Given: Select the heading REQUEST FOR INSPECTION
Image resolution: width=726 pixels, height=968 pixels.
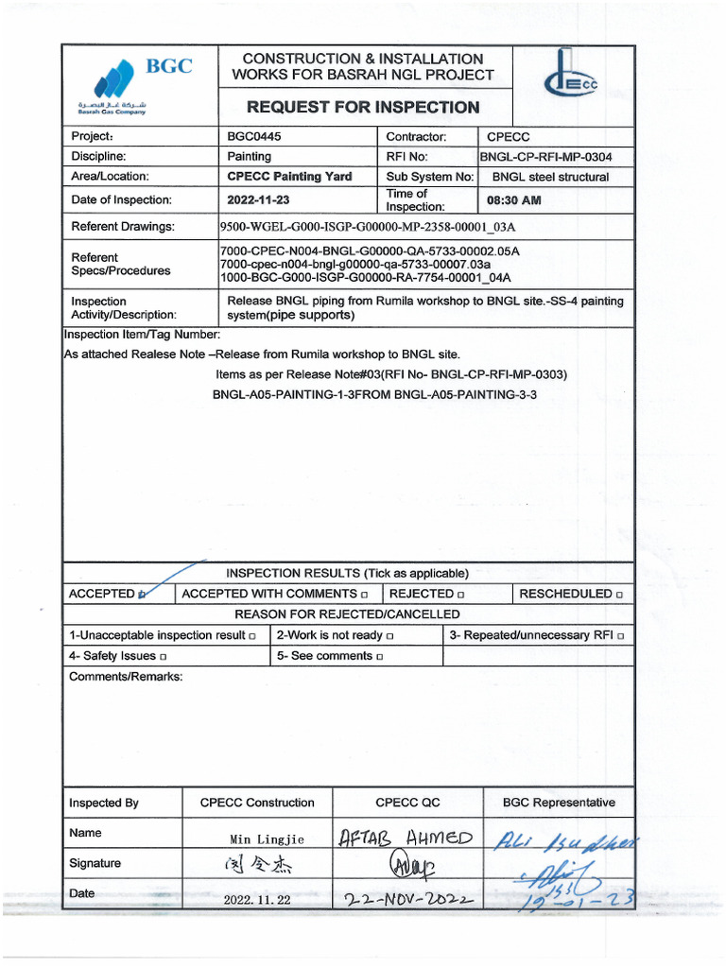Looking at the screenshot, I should (x=363, y=107).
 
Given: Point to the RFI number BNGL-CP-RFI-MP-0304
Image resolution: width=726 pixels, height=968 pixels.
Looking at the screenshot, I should (x=553, y=157).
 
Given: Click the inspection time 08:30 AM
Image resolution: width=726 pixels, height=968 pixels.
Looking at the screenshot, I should (x=513, y=200).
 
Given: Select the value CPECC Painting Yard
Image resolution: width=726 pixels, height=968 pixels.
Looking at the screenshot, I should (x=289, y=177).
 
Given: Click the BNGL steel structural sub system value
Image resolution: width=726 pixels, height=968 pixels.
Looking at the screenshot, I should (x=550, y=177).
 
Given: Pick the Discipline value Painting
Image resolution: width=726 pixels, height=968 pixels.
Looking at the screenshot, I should (x=249, y=157).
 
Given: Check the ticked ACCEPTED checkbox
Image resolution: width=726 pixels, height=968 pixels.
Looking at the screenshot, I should (x=142, y=595).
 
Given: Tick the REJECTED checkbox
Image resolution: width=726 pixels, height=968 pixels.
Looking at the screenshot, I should (x=460, y=595).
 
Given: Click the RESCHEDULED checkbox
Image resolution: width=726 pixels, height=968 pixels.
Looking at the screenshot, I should (x=619, y=595).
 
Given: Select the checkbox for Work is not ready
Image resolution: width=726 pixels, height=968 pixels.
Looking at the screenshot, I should (x=389, y=636).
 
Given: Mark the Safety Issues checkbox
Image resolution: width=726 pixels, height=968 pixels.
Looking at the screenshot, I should (x=164, y=656).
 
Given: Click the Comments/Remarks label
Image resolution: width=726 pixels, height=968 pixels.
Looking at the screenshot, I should (x=126, y=676).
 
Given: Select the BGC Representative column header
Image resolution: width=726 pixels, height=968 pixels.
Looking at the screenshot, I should (x=558, y=803).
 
